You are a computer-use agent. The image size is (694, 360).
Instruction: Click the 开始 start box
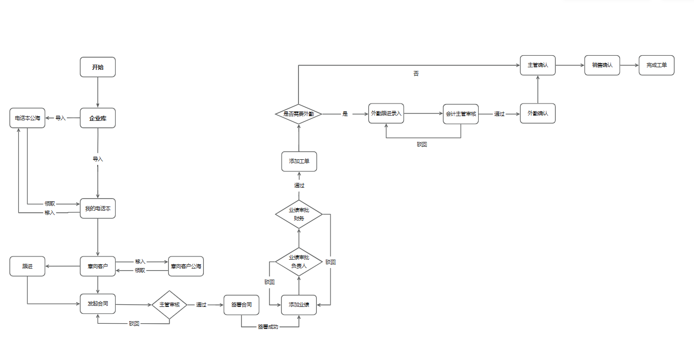click(x=98, y=67)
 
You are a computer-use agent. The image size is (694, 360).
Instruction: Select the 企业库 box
click(x=98, y=118)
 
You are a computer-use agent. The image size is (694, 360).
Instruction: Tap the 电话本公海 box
click(x=27, y=118)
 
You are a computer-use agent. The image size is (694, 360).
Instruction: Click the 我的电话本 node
click(x=98, y=209)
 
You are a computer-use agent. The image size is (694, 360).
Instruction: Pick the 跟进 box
click(x=27, y=266)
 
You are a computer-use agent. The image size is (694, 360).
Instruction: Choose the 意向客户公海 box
click(x=186, y=266)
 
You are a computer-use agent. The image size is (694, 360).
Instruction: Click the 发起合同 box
click(x=98, y=304)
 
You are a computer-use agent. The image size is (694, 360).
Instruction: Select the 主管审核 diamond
click(x=170, y=305)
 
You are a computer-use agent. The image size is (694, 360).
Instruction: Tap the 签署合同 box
click(x=241, y=305)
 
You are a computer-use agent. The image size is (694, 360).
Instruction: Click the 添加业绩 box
click(x=299, y=305)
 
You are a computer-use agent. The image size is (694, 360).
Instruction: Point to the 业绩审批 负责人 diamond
click(x=299, y=262)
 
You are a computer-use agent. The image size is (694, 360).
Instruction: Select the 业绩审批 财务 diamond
click(x=299, y=214)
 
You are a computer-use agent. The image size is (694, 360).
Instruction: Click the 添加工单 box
click(x=299, y=161)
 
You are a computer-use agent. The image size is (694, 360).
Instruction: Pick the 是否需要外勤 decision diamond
click(x=299, y=114)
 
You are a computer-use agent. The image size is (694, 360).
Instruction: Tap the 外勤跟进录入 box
click(x=386, y=114)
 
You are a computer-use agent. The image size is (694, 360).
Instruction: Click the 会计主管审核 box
click(x=461, y=114)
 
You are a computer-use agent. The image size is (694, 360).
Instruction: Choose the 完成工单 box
click(x=657, y=65)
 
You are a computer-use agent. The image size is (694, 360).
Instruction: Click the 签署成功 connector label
click(x=268, y=327)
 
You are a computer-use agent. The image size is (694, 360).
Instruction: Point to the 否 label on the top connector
click(x=416, y=74)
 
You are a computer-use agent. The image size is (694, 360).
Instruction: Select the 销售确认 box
click(x=602, y=65)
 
